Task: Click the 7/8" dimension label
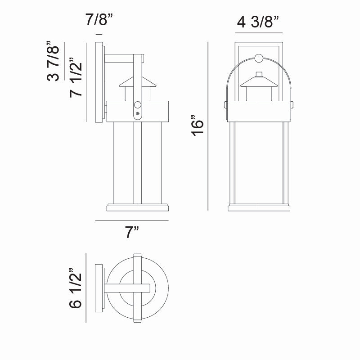(99, 20)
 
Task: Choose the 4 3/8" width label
(258, 22)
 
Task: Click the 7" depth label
(132, 233)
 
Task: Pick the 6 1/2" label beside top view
(75, 288)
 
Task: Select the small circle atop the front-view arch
(259, 58)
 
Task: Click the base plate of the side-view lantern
(138, 208)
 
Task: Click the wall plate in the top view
(99, 288)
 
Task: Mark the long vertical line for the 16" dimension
(208, 126)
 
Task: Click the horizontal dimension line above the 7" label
(132, 220)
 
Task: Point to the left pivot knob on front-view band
(225, 105)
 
